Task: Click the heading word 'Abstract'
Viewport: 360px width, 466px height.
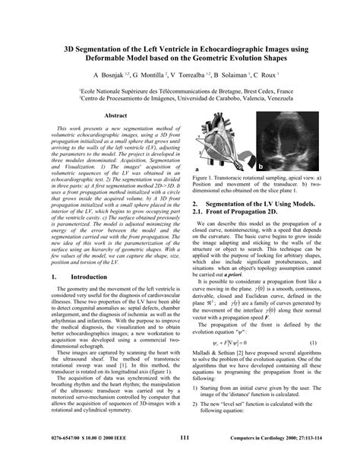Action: [x=115, y=115]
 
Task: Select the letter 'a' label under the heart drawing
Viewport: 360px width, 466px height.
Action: [x=197, y=169]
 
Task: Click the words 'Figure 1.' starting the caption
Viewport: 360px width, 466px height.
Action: [x=207, y=176]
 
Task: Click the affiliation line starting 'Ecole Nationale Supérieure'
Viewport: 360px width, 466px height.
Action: [x=180, y=90]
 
